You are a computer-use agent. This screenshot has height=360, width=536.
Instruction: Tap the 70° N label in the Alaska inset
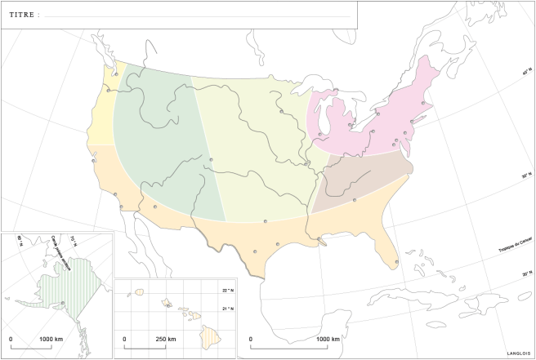point(74,238)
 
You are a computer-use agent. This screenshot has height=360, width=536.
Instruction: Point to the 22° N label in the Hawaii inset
point(227,291)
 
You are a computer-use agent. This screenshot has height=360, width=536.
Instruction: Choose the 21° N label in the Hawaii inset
point(227,309)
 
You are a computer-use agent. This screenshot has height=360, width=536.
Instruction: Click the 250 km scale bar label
point(166,339)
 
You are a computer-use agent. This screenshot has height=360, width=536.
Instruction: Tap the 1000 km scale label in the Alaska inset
point(51,338)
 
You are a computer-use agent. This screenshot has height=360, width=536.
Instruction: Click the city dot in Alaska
point(63,303)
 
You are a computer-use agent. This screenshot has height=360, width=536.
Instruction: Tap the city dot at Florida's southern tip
point(397,262)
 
